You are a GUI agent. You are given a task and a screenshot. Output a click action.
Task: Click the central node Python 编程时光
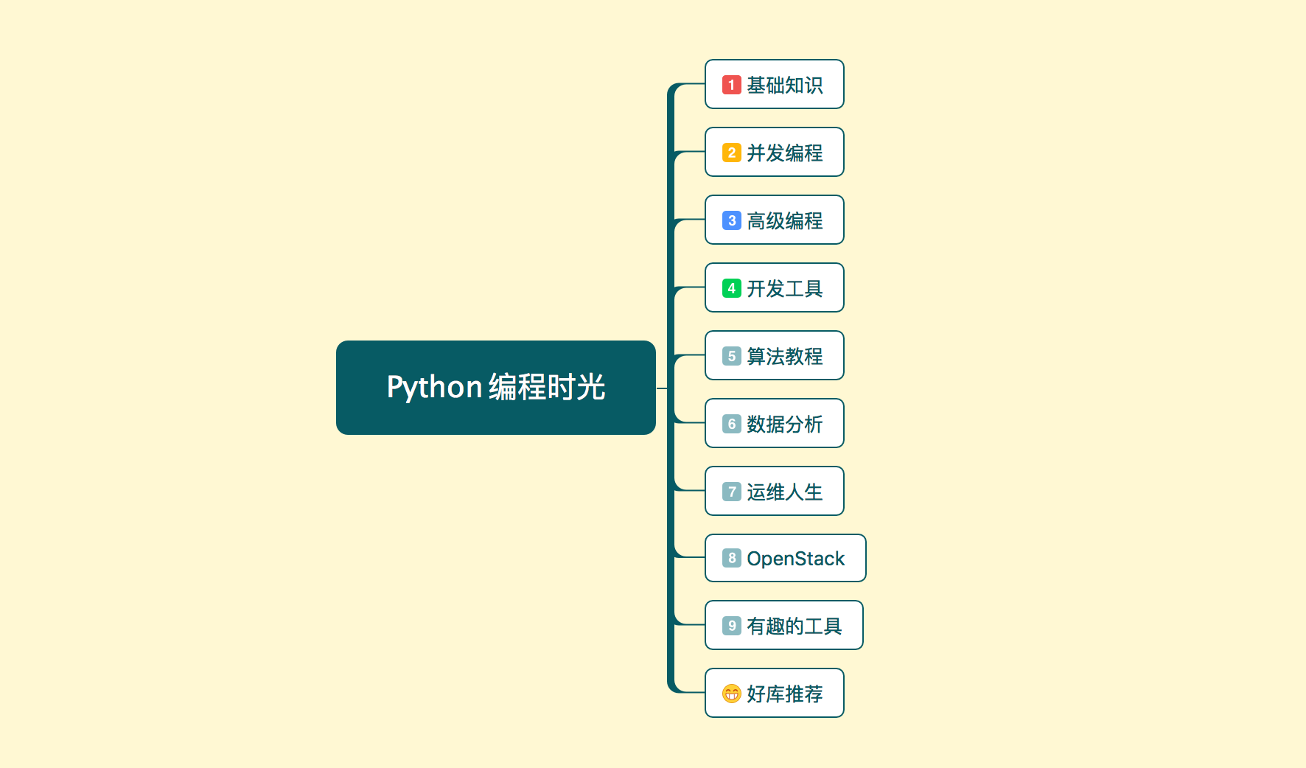coord(495,388)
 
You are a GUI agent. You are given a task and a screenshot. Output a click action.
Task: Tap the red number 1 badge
coord(731,85)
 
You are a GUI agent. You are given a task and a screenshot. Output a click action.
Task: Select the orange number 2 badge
coord(731,153)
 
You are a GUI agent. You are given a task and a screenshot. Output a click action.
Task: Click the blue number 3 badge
coord(731,220)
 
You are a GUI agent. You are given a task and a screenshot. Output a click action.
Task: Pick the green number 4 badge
coord(731,288)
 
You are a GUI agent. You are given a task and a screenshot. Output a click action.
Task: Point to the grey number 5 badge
coord(731,356)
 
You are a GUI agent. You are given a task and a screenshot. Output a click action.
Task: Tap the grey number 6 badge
coord(731,424)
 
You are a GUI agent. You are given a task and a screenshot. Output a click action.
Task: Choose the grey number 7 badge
coord(731,492)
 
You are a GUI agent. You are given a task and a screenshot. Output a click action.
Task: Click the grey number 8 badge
coord(731,558)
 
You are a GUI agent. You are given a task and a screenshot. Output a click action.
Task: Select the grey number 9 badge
coord(731,626)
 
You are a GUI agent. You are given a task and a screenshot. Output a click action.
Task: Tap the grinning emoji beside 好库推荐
coord(731,694)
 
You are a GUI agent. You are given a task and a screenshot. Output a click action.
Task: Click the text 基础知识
coord(784,85)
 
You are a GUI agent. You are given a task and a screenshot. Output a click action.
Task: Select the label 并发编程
coord(784,153)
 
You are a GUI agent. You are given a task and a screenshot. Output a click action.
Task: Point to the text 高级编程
coord(784,221)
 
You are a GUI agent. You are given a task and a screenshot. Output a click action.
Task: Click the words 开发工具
coord(784,289)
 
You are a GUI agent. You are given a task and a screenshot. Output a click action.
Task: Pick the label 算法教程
coord(784,357)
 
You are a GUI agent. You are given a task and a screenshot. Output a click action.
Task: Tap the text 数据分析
coord(784,425)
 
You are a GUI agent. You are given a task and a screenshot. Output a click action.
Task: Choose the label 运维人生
coord(784,492)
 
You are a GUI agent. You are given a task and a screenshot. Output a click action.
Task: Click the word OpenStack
coord(795,559)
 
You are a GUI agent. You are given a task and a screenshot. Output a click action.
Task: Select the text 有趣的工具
coord(794,626)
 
